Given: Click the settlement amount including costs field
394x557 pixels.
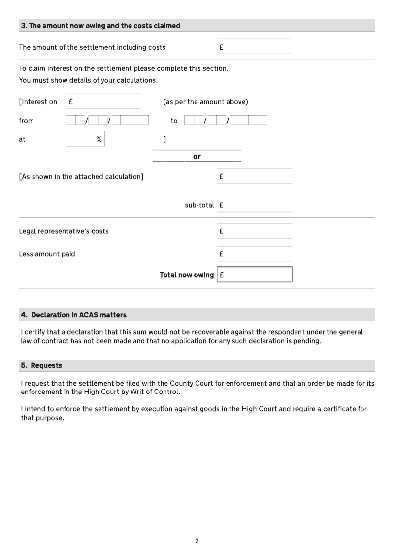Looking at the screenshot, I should (x=254, y=47).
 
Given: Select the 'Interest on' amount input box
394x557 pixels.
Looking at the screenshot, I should (x=103, y=101).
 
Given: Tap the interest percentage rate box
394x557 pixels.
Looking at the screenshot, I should (x=85, y=139).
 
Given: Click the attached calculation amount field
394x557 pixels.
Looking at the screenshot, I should (x=254, y=176).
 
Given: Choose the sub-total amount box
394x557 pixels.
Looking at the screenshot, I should (x=254, y=205).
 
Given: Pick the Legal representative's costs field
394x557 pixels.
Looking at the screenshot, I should (x=254, y=231).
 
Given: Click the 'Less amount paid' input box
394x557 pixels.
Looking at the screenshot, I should (x=254, y=254).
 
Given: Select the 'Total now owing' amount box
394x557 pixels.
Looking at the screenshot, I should (x=254, y=275).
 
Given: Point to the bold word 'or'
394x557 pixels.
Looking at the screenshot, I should (x=197, y=157).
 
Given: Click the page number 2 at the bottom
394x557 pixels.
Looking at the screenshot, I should (x=197, y=541).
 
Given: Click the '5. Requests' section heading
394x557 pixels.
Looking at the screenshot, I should (x=41, y=365).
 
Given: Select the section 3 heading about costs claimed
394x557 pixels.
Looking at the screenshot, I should (x=100, y=26).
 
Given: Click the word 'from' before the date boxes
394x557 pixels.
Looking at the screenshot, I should (x=27, y=121).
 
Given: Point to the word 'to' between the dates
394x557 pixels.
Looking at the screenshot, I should (x=174, y=121).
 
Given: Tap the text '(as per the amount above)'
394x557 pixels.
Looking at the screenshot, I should (x=205, y=102).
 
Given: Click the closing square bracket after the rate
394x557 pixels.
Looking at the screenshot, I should (x=164, y=139).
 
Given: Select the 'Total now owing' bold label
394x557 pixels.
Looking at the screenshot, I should (x=187, y=275).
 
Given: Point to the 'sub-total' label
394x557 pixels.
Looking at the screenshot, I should (x=199, y=205).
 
